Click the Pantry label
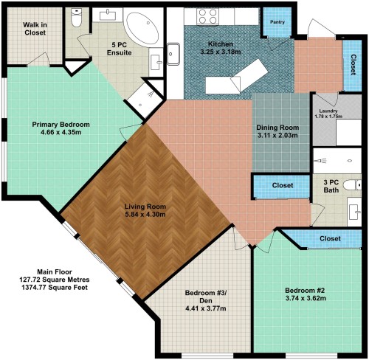(x=277, y=22)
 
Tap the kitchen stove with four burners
(x=207, y=16)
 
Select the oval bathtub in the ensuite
(x=142, y=29)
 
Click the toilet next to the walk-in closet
(x=76, y=18)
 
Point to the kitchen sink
(x=173, y=54)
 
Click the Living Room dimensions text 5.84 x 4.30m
(x=145, y=215)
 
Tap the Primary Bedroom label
(x=61, y=125)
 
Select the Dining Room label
(x=277, y=128)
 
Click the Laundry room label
(x=328, y=111)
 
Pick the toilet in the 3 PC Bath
(x=352, y=185)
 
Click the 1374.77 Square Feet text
(x=55, y=288)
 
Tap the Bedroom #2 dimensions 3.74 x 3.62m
(x=306, y=298)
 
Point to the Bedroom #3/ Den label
(x=206, y=297)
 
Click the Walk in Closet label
(x=35, y=29)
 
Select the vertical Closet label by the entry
(x=354, y=65)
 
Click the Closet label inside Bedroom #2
(x=330, y=238)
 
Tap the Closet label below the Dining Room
(x=283, y=185)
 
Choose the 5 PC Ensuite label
(x=120, y=49)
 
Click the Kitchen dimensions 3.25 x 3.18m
(x=221, y=52)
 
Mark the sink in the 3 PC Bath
(x=354, y=212)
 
